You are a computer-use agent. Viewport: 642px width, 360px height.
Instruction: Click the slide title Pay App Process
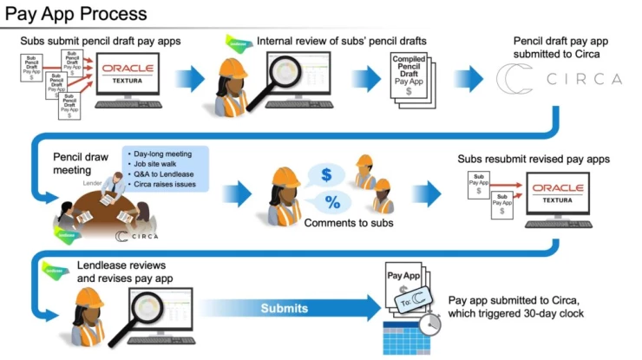point(74,15)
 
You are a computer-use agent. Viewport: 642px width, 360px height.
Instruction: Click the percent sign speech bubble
point(332,204)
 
